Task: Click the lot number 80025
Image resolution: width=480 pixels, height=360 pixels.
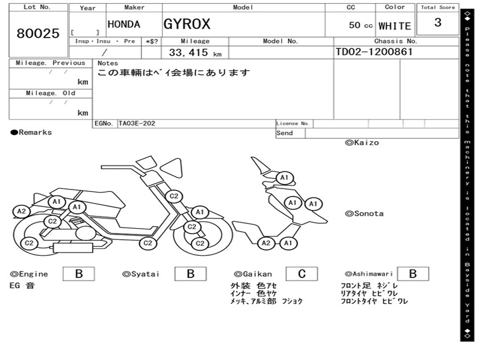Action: pyautogui.click(x=38, y=33)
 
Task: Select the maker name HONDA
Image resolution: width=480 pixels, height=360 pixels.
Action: pyautogui.click(x=124, y=24)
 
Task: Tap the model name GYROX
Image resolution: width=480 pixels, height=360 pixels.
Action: pyautogui.click(x=187, y=24)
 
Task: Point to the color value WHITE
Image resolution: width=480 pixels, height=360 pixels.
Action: pyautogui.click(x=395, y=26)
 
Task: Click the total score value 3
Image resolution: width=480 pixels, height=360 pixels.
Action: pyautogui.click(x=438, y=22)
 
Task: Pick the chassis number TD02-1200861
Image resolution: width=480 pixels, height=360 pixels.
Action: pyautogui.click(x=374, y=52)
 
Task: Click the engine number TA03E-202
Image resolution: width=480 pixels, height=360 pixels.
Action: pyautogui.click(x=137, y=123)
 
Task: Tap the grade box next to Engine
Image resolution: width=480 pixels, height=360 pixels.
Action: pyautogui.click(x=79, y=274)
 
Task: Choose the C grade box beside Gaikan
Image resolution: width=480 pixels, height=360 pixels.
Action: pyautogui.click(x=302, y=274)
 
